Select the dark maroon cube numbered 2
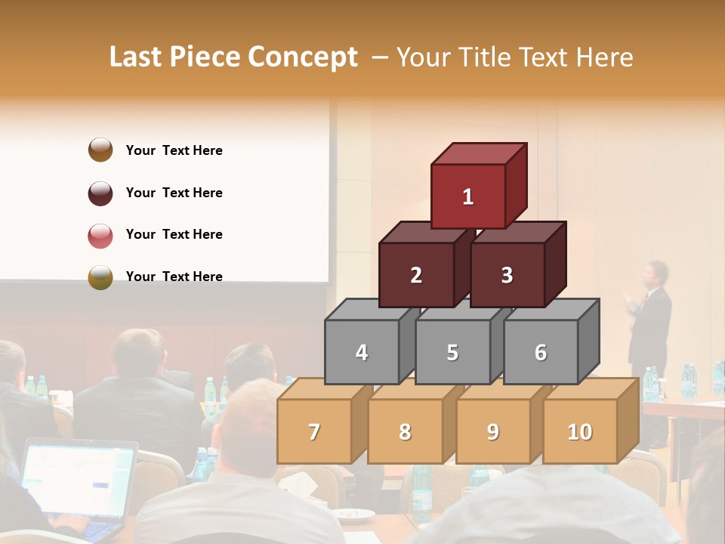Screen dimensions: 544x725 [416, 275]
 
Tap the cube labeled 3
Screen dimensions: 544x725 [507, 275]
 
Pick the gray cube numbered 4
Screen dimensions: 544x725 [362, 352]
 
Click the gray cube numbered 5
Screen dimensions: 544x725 [452, 352]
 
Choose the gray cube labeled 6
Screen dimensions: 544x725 [540, 352]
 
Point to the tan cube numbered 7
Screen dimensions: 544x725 [314, 431]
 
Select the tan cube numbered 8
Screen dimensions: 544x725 [405, 431]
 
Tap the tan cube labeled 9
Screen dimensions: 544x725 [492, 431]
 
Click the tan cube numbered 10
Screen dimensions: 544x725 [579, 431]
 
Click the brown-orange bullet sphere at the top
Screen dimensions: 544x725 [100, 150]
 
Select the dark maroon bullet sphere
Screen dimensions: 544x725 [100, 193]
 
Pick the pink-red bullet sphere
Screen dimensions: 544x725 [100, 235]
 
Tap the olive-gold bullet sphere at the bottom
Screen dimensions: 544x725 [100, 277]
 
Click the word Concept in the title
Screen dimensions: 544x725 [302, 57]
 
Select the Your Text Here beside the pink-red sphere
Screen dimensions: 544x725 [174, 234]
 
